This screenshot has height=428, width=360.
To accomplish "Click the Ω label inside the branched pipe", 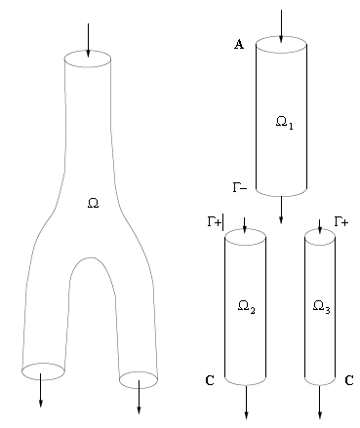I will click(93, 204).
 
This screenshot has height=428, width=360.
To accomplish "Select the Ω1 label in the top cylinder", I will click(283, 124).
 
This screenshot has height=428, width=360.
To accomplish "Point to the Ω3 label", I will click(321, 307).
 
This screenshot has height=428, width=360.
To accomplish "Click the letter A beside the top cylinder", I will click(239, 46).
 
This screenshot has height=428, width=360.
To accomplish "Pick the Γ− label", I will click(240, 185).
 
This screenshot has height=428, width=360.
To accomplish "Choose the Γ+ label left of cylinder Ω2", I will click(215, 221).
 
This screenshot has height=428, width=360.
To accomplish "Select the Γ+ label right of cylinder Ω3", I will click(342, 221).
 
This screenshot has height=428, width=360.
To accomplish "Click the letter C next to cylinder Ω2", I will click(210, 380).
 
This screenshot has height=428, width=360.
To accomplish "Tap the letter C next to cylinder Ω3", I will click(348, 380).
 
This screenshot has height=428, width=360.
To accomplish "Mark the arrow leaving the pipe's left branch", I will click(40, 390).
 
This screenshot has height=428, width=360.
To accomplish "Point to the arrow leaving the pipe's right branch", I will click(140, 396).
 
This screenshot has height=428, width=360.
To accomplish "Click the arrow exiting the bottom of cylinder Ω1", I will click(281, 209).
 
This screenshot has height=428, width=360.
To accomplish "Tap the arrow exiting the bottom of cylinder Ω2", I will click(247, 400).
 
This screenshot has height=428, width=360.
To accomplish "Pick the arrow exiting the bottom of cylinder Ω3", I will click(320, 400).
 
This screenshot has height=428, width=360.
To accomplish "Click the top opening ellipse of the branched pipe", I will click(88, 58).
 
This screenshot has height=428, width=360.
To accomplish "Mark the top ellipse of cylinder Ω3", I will click(320, 237).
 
